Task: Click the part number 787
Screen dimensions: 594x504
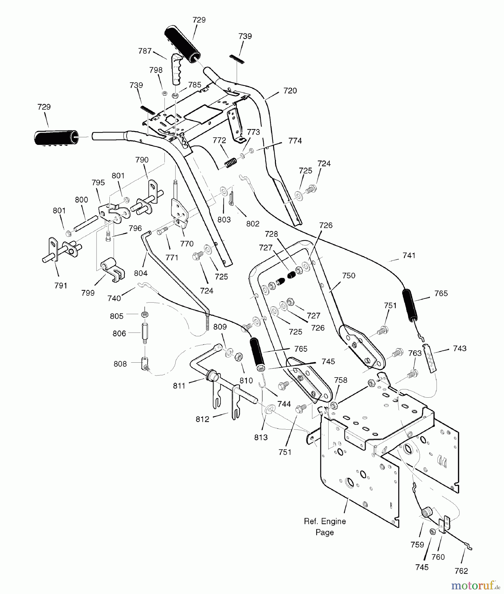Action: click(145, 51)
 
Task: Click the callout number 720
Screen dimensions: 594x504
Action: click(290, 91)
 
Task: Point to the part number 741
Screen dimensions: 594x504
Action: click(409, 255)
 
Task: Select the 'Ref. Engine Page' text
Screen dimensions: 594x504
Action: click(325, 527)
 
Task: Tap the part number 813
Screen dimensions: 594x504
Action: click(261, 437)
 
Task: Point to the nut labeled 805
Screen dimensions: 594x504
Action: click(145, 313)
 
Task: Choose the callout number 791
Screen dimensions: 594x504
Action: click(61, 285)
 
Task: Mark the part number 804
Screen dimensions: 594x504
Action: click(141, 273)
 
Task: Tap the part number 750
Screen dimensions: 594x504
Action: click(349, 276)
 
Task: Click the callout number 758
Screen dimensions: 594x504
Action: click(341, 380)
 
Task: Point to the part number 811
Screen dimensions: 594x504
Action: click(179, 385)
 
